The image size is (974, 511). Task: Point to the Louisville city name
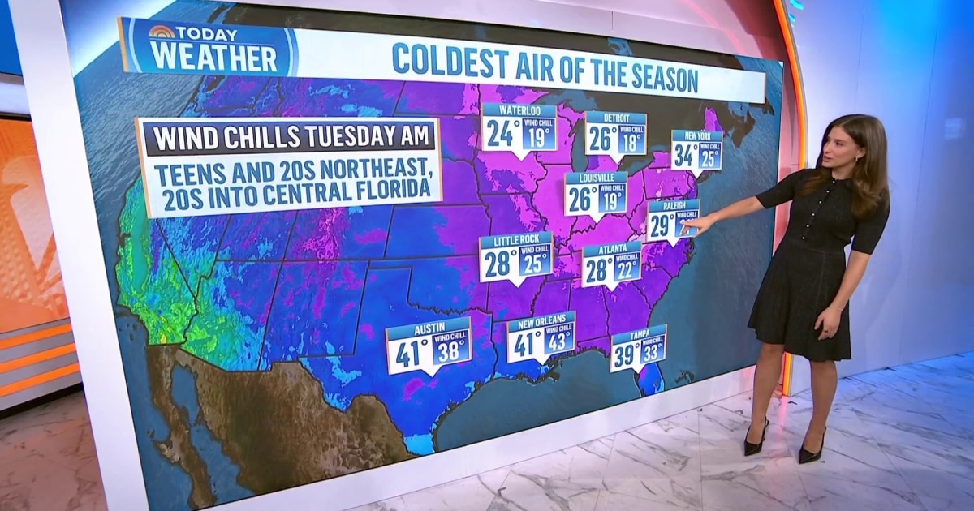(596, 178)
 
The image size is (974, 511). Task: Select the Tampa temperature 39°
(624, 354)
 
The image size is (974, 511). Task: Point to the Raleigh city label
(673, 206)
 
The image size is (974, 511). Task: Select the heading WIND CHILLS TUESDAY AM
(288, 137)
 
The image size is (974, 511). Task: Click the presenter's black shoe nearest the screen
(755, 443)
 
